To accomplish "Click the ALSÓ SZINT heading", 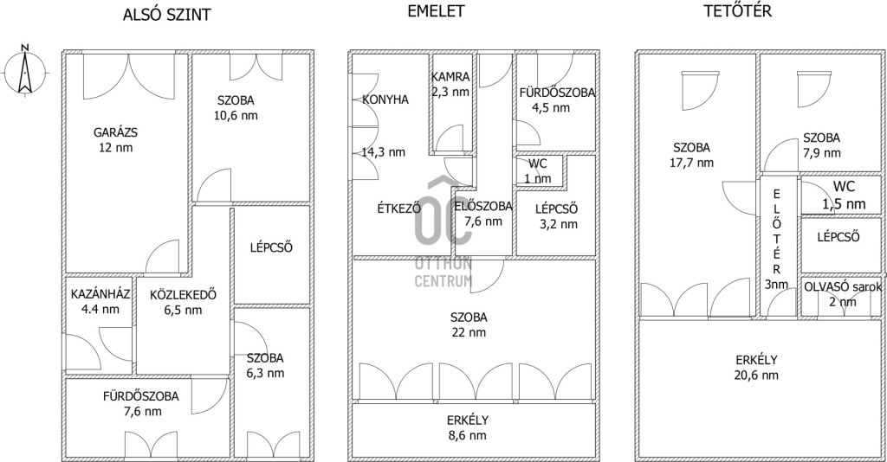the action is click(x=167, y=15).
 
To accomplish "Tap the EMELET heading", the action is click(x=436, y=11).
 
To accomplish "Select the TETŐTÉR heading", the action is click(x=738, y=11).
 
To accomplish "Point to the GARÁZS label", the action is click(x=115, y=132).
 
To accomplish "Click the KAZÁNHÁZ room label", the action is click(x=100, y=294).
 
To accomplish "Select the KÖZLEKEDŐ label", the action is click(x=184, y=294).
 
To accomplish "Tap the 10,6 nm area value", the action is click(x=236, y=116).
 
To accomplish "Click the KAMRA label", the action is click(x=450, y=77).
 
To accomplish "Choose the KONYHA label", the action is click(x=385, y=99).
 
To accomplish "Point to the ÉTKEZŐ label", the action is click(x=398, y=208).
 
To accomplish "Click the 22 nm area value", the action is click(x=469, y=333).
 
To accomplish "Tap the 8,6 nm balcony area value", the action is click(x=467, y=435).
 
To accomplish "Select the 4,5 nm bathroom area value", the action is click(x=551, y=108).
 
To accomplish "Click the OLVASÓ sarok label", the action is click(x=843, y=287).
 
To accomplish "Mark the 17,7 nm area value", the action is click(x=692, y=164).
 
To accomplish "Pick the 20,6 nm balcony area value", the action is click(x=756, y=375).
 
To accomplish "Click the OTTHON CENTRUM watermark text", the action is click(x=443, y=273).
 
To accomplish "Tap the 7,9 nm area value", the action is click(x=822, y=153).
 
